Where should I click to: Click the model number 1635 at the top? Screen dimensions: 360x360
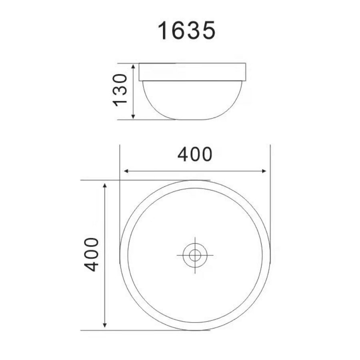point(186,30)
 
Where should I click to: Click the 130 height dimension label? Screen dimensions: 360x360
point(120,90)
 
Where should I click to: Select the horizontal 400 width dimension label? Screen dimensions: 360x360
point(195,154)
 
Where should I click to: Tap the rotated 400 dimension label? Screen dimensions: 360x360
point(91,255)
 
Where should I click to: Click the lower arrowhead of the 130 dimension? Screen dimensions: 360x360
point(133,117)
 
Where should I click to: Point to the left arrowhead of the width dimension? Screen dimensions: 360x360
point(126,171)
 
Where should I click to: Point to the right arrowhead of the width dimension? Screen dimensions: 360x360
point(264,171)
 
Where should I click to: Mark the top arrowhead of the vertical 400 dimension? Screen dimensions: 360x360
point(105,186)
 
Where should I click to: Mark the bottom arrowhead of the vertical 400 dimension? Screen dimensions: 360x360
point(105,325)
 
